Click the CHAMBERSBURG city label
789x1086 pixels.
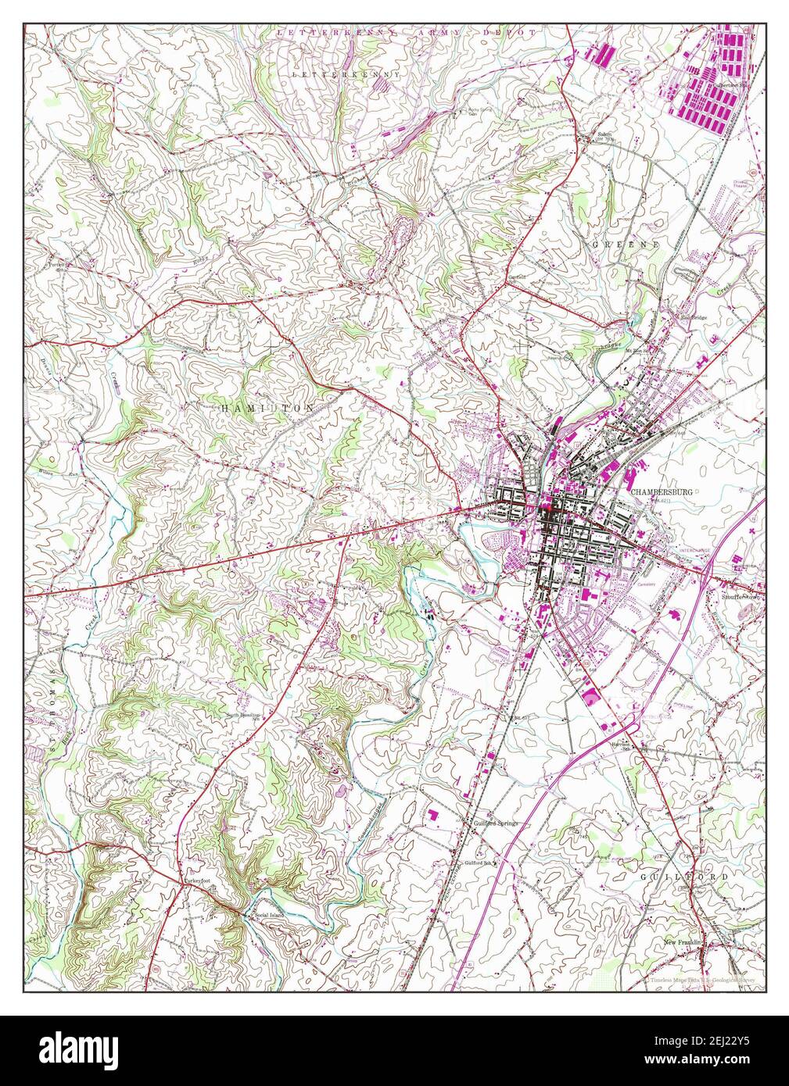click(661, 492)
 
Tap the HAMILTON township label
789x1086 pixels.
click(267, 409)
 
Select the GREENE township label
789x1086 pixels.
click(626, 245)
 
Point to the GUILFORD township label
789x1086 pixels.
click(683, 877)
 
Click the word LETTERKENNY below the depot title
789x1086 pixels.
click(345, 73)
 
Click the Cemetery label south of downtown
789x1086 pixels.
click(646, 583)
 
